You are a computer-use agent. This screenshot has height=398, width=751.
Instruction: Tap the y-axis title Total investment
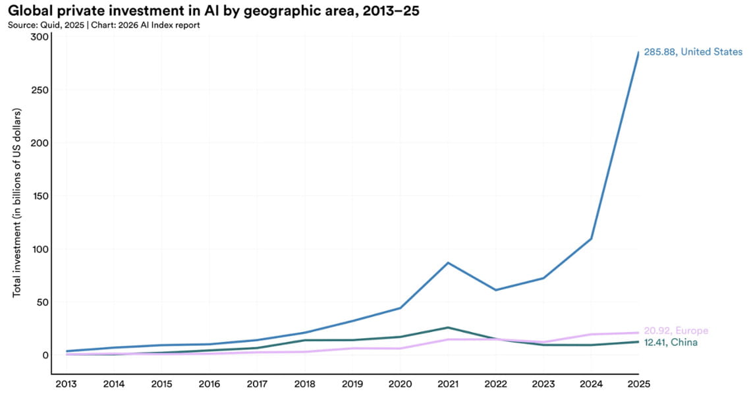tap(18, 203)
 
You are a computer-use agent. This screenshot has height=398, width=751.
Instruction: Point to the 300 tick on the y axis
tap(40, 37)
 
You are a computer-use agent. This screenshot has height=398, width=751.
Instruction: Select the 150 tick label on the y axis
tap(40, 196)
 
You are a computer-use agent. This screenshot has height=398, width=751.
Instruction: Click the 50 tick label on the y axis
tap(43, 302)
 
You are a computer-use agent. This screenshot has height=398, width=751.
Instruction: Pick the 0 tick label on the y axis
tap(45, 355)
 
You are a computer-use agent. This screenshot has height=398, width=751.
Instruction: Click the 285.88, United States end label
tap(693, 51)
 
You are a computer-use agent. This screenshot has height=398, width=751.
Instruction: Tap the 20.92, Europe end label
tap(676, 331)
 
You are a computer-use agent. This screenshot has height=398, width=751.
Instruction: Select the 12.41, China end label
tap(671, 343)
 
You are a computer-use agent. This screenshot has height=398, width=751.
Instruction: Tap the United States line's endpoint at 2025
tap(638, 52)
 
